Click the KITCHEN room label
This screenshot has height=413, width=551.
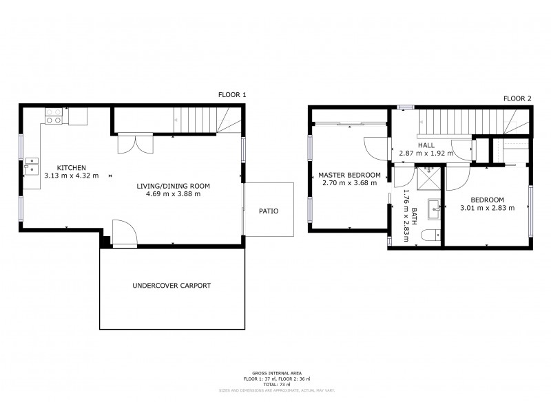click(71, 168)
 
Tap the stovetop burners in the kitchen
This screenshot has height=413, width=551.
click(53, 116)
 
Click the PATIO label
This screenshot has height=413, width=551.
click(269, 211)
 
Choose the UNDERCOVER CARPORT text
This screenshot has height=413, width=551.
click(172, 285)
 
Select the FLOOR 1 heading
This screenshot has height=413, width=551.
click(231, 95)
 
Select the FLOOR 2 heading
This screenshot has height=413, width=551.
click(517, 98)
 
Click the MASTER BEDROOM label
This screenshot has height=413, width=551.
click(349, 175)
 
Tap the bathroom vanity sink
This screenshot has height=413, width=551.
click(433, 206)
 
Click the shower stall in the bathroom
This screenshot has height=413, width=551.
click(428, 180)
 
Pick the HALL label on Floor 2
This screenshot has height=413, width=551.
click(426, 145)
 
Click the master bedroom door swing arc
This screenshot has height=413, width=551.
click(371, 147)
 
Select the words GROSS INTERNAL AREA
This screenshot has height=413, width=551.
click(275, 373)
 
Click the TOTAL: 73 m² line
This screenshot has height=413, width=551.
click(275, 384)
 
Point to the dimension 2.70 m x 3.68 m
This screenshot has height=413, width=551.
click(349, 183)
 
